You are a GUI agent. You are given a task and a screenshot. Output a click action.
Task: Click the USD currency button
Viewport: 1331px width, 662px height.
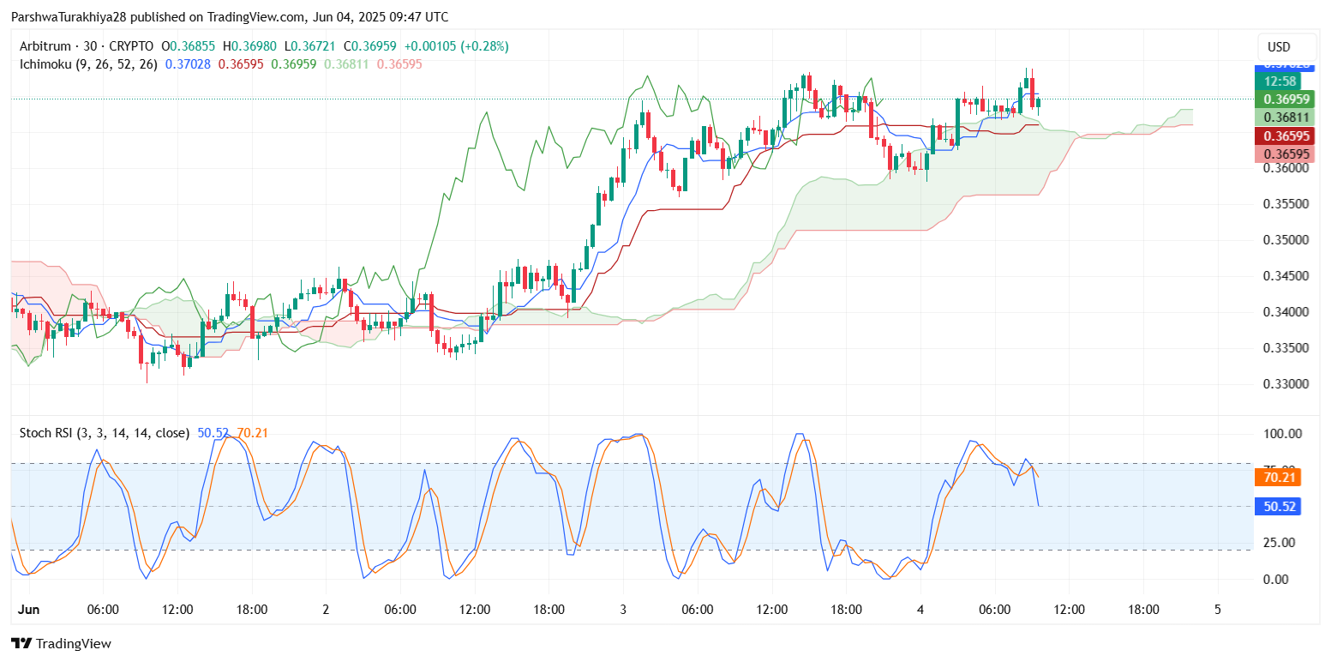point(1279,47)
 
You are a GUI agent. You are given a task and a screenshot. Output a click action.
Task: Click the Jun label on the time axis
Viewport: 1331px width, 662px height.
point(29,610)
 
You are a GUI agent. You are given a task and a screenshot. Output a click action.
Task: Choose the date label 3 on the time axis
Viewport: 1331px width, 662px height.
point(623,610)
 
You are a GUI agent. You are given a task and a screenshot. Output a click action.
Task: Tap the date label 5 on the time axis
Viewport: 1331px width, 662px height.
point(1217,610)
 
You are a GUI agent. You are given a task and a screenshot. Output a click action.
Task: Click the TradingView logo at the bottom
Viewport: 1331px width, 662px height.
point(61,644)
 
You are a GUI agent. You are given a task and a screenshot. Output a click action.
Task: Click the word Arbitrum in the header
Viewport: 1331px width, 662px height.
point(46,46)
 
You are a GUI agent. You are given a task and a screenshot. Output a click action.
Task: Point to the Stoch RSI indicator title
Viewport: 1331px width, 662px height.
point(47,433)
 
